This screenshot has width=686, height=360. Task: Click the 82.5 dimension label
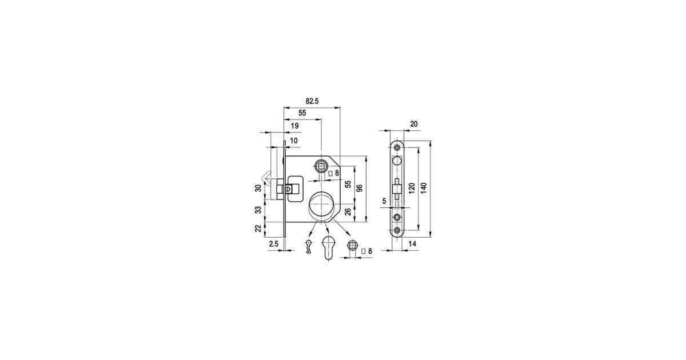(x=312, y=101)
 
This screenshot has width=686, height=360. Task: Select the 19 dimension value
(x=294, y=126)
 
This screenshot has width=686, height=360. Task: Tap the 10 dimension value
(x=293, y=141)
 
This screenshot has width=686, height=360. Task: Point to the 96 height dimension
(x=360, y=188)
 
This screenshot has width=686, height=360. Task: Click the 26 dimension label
(x=348, y=211)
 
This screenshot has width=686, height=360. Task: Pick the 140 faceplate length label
(x=424, y=188)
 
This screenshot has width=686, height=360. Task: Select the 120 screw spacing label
(x=412, y=188)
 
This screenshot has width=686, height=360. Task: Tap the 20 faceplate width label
(x=414, y=124)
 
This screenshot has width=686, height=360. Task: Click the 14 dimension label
(x=413, y=244)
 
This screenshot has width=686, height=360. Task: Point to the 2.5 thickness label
(x=274, y=244)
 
